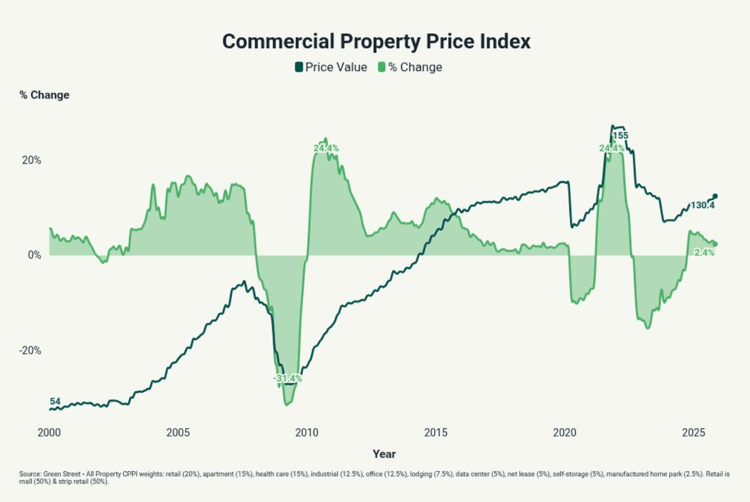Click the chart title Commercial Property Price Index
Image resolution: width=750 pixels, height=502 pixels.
[x=376, y=41]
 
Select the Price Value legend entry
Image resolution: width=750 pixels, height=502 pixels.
[x=331, y=67]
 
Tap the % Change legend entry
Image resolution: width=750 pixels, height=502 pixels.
[x=410, y=67]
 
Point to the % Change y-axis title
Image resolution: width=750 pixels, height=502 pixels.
[x=44, y=95]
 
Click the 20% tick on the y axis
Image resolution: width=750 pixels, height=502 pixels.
[x=31, y=160]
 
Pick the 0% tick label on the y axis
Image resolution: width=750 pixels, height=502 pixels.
[x=34, y=255]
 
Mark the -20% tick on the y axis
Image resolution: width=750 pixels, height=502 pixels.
[x=30, y=350]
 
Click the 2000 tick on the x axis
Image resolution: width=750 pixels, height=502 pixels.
[x=49, y=433]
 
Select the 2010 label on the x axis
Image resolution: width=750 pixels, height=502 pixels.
[x=307, y=433]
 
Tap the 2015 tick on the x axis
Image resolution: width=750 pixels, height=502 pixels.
[x=436, y=433]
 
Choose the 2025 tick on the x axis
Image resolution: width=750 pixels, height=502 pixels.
[x=693, y=433]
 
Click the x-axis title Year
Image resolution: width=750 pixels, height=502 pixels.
[x=384, y=454]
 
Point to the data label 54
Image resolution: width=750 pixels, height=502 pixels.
[x=55, y=401]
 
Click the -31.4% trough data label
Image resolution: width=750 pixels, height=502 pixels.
[x=287, y=378]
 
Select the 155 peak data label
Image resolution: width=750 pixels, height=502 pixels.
[x=620, y=135]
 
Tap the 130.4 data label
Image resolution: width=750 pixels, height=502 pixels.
[x=702, y=205]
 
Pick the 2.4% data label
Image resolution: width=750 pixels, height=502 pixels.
[x=704, y=252]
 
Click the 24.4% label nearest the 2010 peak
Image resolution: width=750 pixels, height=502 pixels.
[x=326, y=148]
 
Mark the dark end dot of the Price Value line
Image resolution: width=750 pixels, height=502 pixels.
[x=715, y=196]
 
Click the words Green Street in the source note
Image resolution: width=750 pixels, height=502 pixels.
[x=62, y=474]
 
